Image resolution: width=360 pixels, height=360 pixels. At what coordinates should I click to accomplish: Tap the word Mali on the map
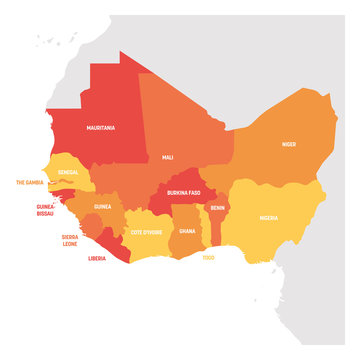(166, 157)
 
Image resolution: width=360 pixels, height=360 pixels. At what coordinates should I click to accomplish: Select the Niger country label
(288, 144)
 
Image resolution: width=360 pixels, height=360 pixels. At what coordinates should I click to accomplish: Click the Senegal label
(68, 172)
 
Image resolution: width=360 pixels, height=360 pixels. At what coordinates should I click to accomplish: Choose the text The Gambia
(32, 183)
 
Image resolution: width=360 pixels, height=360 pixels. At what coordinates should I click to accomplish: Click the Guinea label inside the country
(102, 207)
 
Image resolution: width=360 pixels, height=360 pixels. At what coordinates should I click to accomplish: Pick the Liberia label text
(98, 258)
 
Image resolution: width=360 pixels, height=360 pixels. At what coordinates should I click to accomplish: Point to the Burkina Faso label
(184, 192)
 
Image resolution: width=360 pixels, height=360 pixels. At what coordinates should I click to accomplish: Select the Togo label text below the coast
(208, 257)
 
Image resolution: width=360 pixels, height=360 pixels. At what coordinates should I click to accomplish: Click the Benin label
(216, 208)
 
